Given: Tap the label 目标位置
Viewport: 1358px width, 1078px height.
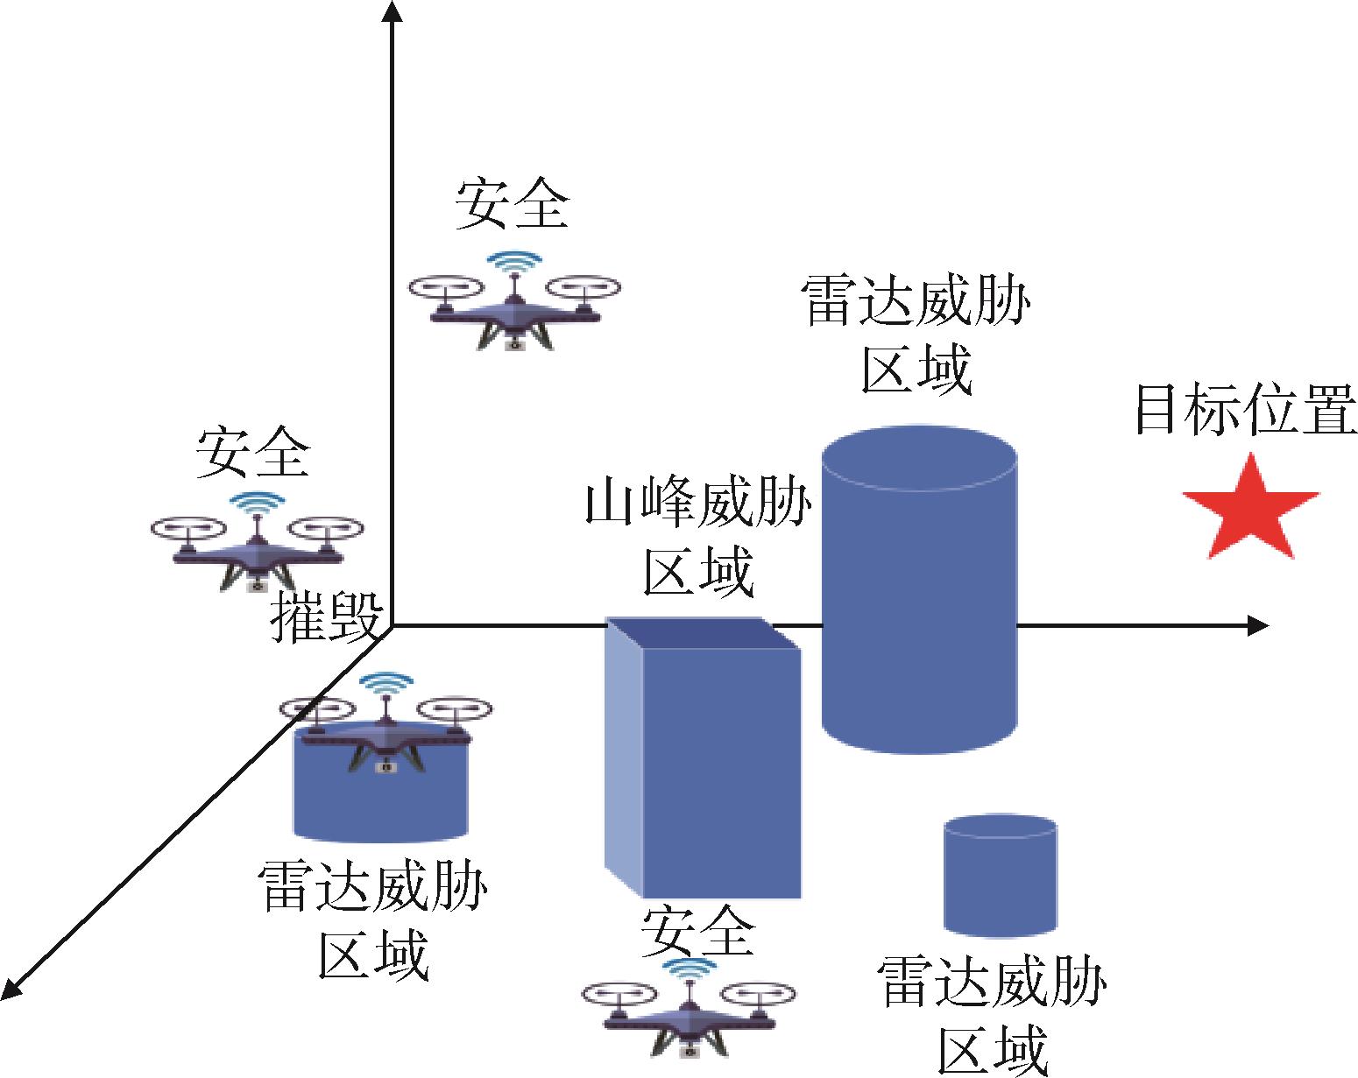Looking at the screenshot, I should click(x=1244, y=409).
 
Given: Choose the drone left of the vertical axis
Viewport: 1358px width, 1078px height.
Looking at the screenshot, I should click(x=257, y=548).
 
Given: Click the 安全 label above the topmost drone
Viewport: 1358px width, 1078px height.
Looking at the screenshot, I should click(x=512, y=203).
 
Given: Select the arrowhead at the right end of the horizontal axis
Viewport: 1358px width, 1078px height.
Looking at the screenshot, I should click(x=1258, y=625).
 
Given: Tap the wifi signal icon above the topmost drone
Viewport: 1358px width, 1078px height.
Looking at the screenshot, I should click(x=513, y=260).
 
